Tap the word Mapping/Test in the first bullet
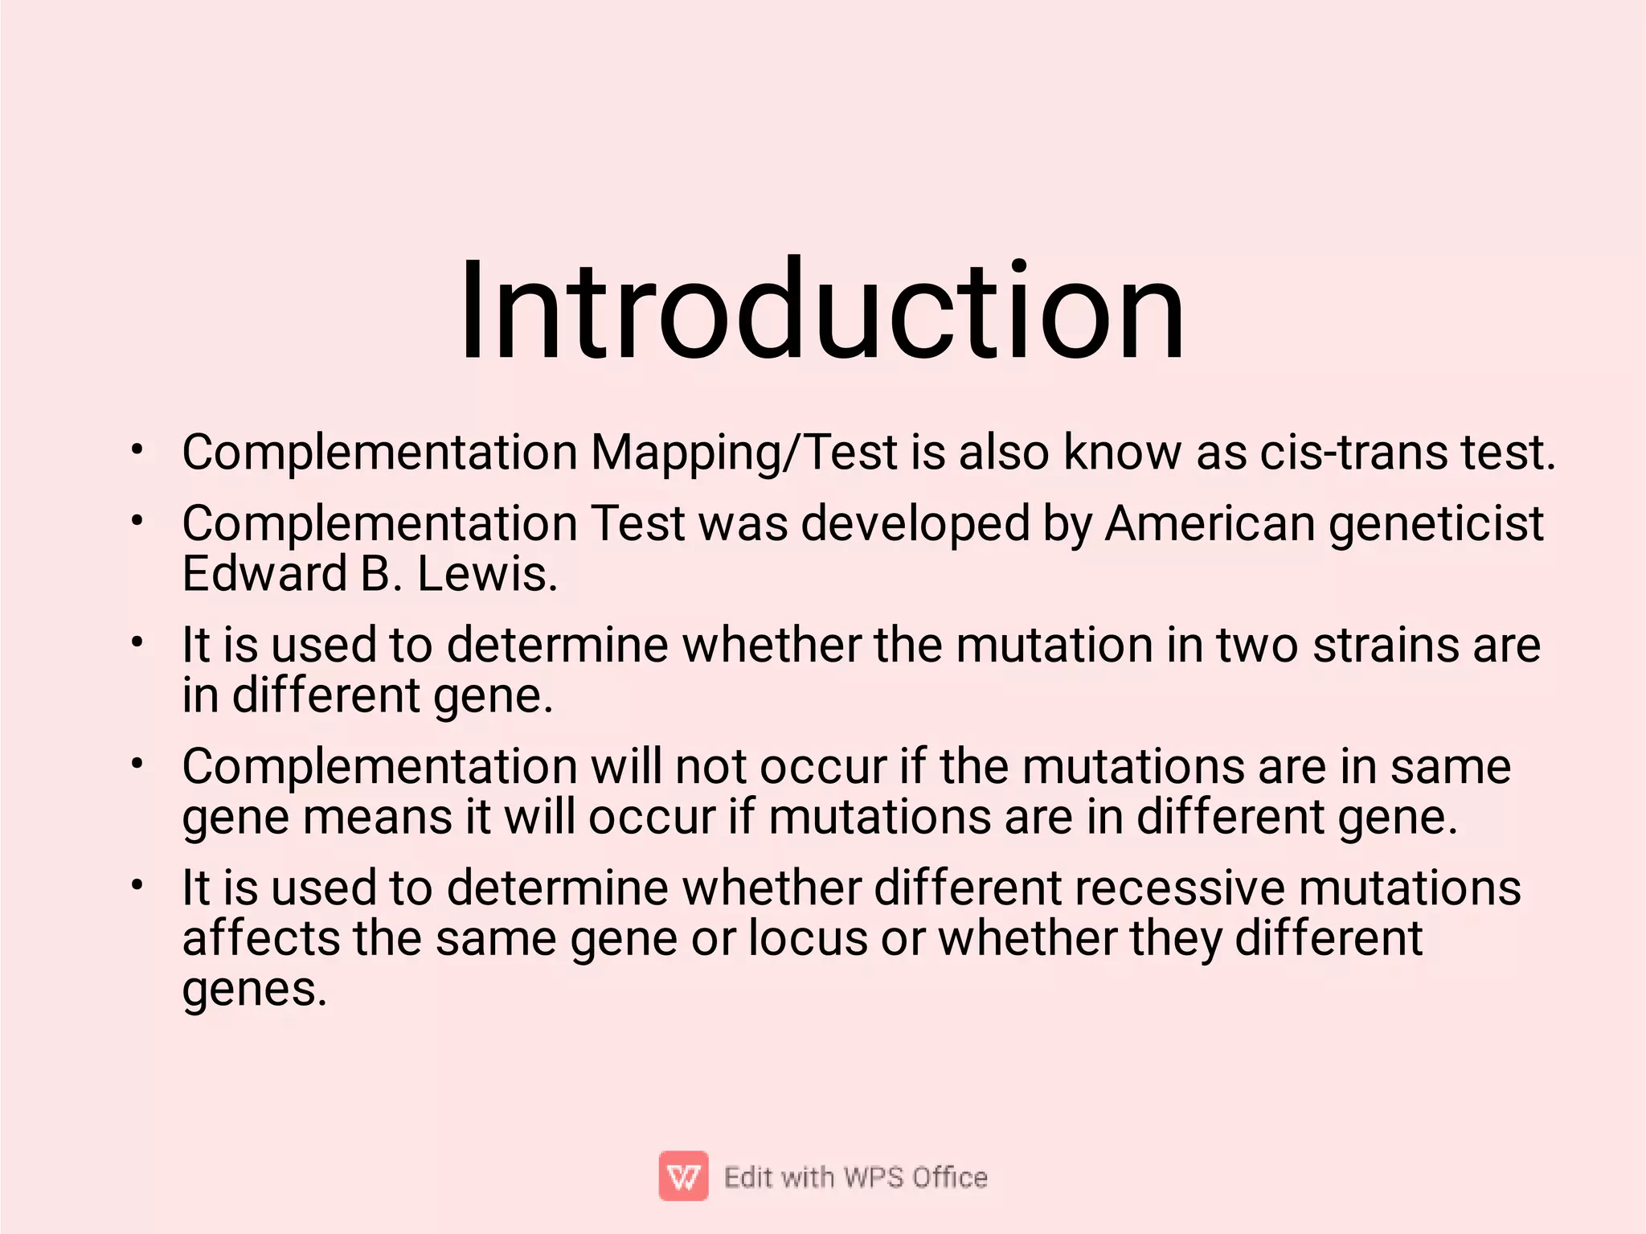tap(743, 453)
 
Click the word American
tap(1210, 524)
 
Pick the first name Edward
tap(264, 574)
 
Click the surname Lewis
tap(486, 574)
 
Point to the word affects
tap(260, 938)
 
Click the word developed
tap(915, 524)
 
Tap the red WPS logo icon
tap(683, 1176)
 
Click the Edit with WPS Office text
tap(855, 1177)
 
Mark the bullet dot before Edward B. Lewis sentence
tap(138, 521)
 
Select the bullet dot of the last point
tap(138, 885)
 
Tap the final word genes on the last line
tap(254, 990)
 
